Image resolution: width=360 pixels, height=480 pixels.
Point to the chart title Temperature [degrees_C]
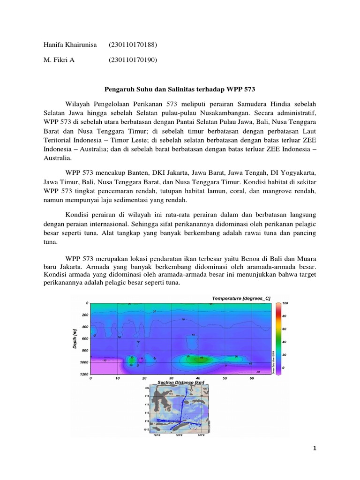[241, 298]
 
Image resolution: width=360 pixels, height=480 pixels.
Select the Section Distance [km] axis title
[180, 382]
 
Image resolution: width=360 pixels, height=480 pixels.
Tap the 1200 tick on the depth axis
[83, 375]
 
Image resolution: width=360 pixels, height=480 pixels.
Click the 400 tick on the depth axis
[84, 327]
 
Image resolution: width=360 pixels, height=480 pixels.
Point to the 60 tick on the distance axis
[252, 378]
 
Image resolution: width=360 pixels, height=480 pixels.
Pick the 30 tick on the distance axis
[171, 378]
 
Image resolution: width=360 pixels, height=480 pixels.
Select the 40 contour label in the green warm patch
[201, 358]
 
